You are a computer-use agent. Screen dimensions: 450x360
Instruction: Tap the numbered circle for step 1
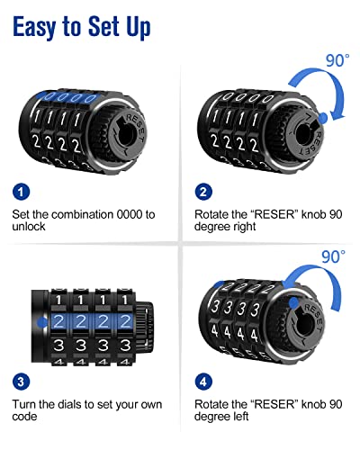[23, 192]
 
